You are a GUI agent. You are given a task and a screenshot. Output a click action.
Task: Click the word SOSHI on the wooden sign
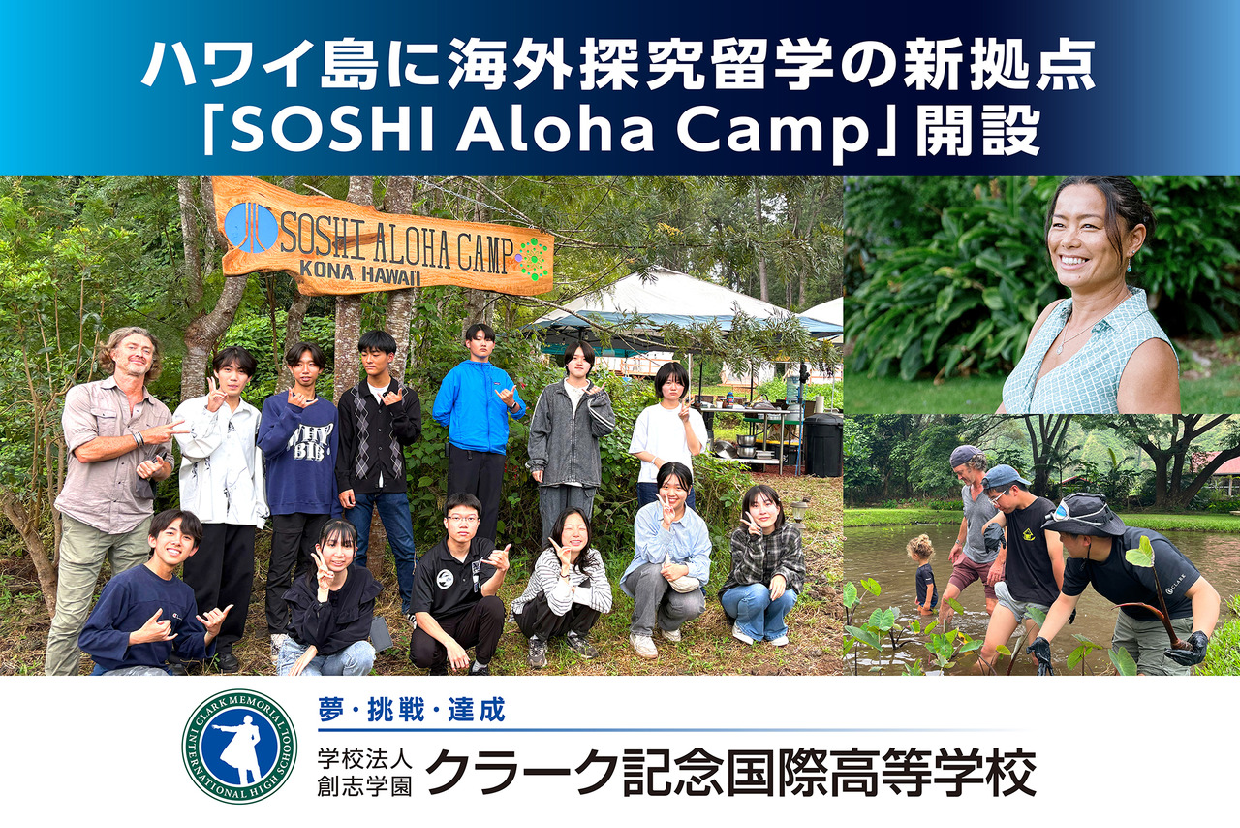pos(319,233)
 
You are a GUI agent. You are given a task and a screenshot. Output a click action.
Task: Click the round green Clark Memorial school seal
pos(239,747)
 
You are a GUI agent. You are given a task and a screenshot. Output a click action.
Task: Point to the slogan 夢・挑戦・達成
pos(412,711)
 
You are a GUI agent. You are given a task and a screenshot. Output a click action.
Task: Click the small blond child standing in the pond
pos(922,572)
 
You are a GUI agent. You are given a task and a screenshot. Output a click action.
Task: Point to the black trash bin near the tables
pos(823,445)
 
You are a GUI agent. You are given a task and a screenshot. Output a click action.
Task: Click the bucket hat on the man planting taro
pos(1083,513)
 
